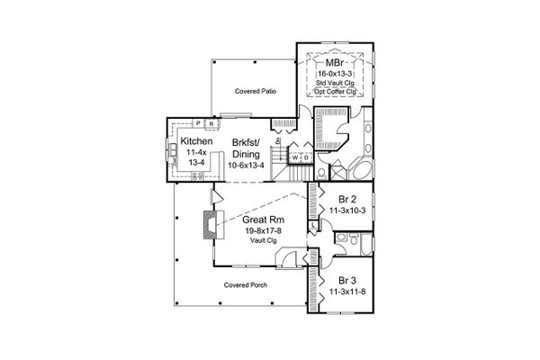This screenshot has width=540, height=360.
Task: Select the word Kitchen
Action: [x=197, y=143]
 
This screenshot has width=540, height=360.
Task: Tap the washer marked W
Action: [x=294, y=157]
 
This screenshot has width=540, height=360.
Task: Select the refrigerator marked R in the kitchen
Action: [x=210, y=123]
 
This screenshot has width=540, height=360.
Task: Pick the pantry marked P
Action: [x=198, y=123]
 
